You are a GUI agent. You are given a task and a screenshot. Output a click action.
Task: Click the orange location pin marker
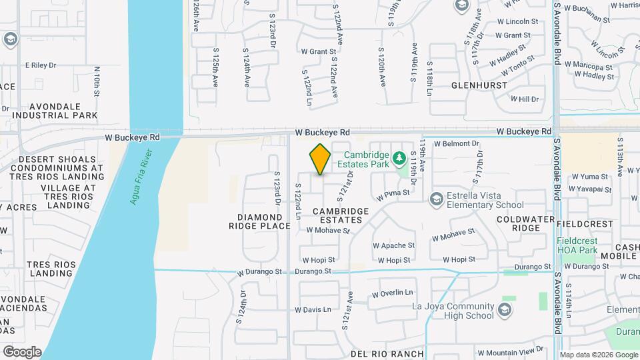[320, 159]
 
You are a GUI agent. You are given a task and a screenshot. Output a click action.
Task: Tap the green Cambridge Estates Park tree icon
[399, 158]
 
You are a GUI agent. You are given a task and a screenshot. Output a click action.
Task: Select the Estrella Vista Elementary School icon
[436, 198]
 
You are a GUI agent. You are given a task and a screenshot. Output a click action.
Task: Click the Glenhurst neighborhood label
[479, 85]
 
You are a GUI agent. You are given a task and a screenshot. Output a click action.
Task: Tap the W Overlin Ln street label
[393, 293]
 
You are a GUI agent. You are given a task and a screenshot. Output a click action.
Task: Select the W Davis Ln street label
[317, 309]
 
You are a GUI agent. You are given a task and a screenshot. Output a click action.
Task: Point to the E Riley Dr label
[41, 65]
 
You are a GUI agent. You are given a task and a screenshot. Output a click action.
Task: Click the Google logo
[22, 352]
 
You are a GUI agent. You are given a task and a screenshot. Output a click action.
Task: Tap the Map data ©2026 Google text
[598, 355]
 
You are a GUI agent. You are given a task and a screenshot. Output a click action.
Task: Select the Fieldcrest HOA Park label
[577, 245]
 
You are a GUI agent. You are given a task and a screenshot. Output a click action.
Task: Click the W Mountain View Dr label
[510, 351]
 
